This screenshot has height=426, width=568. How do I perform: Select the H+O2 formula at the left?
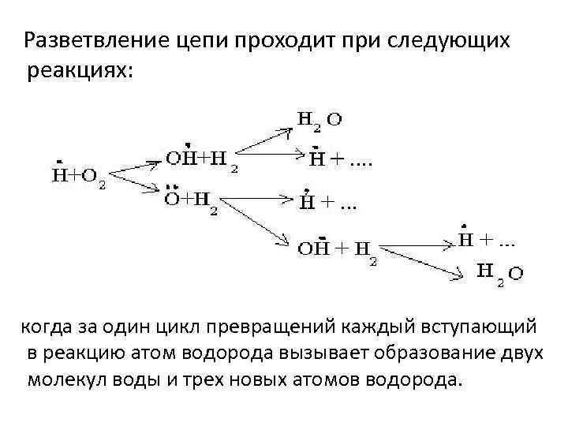[78, 176]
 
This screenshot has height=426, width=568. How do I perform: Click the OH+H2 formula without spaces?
[202, 160]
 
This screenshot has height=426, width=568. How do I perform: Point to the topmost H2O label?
[319, 121]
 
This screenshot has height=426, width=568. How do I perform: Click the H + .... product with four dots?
[340, 160]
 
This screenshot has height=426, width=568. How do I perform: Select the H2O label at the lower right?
[499, 272]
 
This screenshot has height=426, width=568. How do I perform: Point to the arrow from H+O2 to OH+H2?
[137, 166]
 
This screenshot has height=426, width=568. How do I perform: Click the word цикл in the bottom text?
[171, 327]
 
